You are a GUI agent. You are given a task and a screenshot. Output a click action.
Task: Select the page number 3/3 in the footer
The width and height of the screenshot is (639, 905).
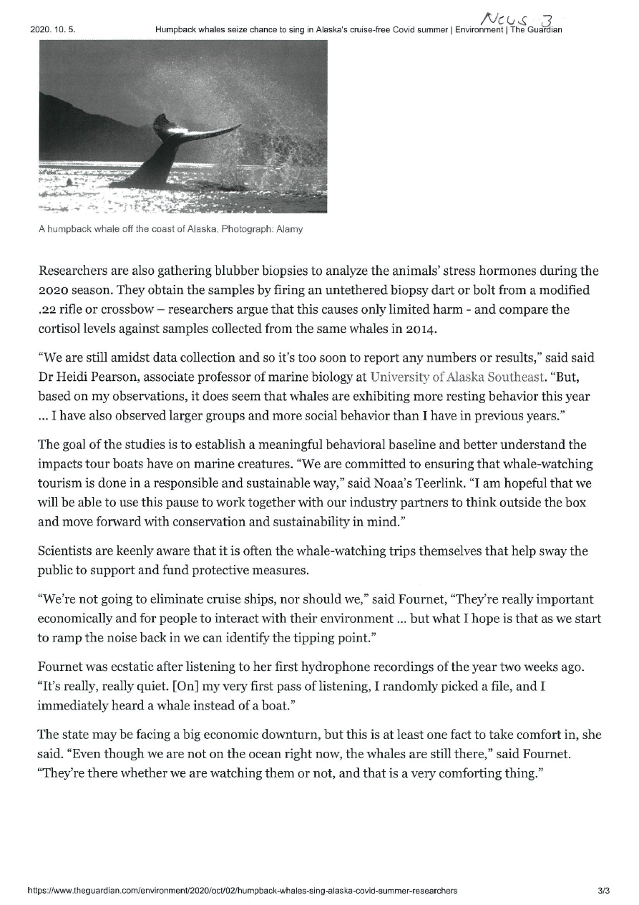click(x=603, y=891)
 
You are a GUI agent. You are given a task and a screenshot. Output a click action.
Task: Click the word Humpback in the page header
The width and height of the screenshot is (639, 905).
click(x=175, y=29)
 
